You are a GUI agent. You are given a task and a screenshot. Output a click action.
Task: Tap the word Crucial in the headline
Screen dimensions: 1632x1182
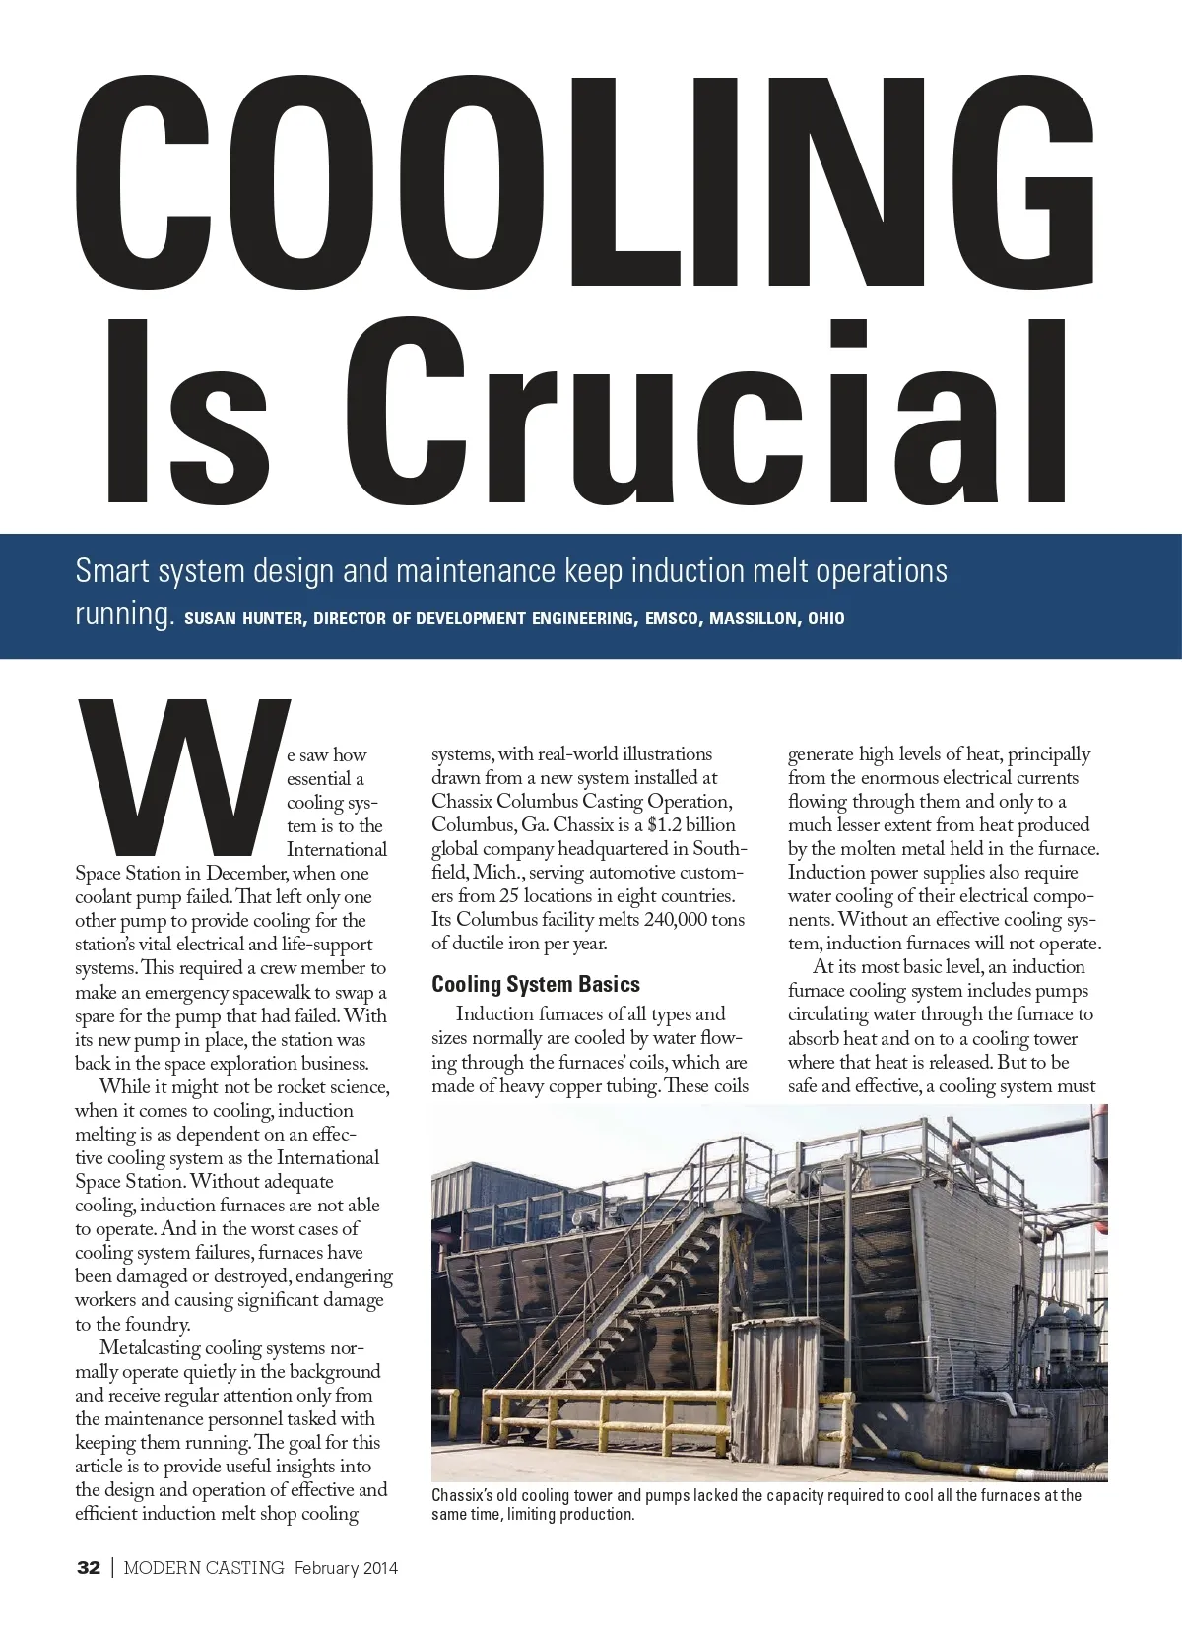718,414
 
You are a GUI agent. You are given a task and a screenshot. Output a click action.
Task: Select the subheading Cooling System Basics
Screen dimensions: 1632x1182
535,984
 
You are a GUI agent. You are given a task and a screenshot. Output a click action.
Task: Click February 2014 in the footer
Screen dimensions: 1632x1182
346,1568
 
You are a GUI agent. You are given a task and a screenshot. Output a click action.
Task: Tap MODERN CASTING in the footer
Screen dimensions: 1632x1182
204,1568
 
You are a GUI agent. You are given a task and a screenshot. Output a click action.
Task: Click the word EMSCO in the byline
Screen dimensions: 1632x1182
671,619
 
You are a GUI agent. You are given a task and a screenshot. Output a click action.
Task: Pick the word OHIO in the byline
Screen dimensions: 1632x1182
825,619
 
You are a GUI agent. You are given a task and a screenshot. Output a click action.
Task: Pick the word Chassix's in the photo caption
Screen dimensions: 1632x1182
471,1495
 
